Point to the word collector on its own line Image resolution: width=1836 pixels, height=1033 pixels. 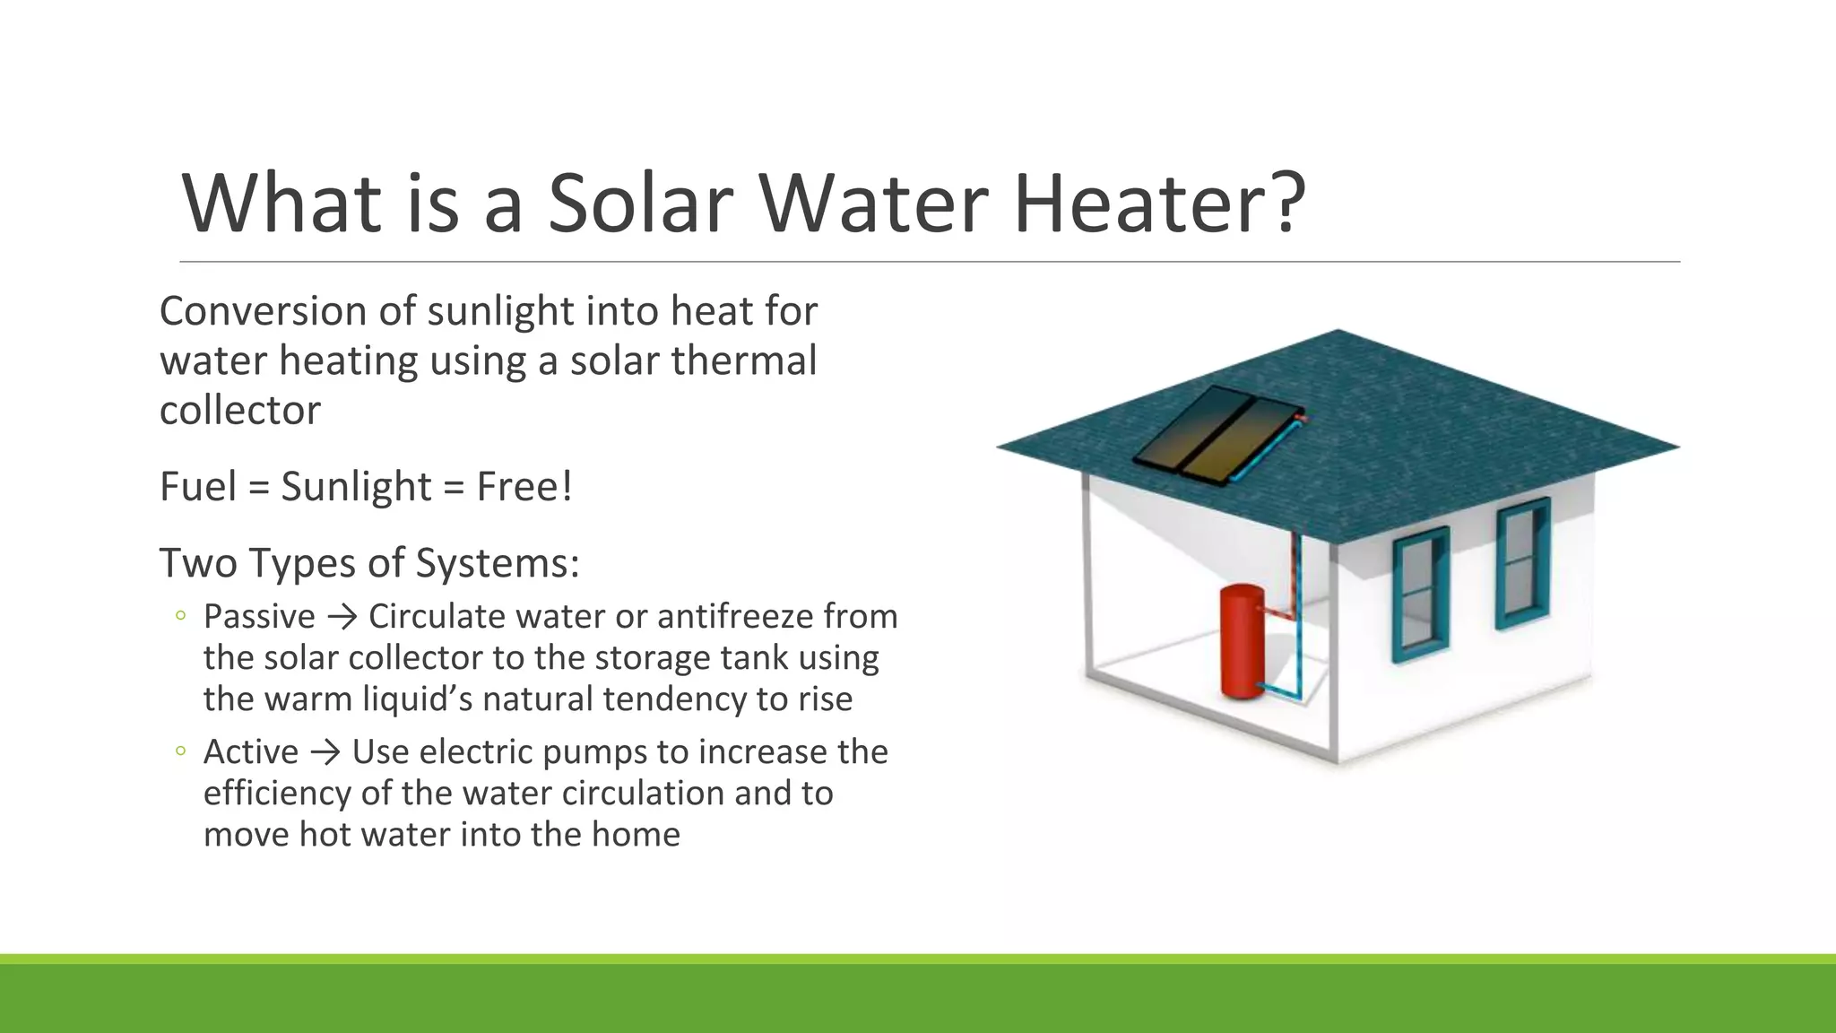point(239,411)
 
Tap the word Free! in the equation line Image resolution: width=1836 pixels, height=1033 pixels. point(524,487)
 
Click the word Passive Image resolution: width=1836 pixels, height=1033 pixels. point(259,617)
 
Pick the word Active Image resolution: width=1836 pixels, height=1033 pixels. point(250,752)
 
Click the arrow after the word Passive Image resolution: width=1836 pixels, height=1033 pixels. point(342,618)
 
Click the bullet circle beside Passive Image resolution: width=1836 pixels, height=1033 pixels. point(181,616)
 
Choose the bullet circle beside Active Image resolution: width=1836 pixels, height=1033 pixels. point(181,751)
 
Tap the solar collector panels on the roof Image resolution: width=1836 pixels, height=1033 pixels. point(1217,433)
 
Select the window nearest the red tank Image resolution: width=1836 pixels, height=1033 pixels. point(1420,594)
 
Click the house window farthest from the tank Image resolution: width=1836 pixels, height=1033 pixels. point(1522,562)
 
